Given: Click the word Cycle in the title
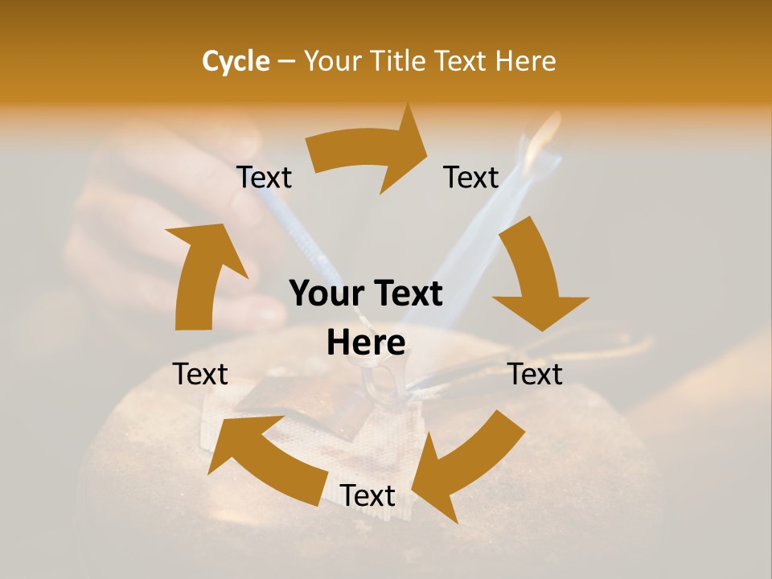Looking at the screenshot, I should click(236, 61).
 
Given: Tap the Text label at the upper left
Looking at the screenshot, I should click(264, 177).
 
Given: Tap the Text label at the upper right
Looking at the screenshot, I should click(471, 177).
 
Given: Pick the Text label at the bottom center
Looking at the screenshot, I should click(368, 495).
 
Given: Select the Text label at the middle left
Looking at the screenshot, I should click(201, 374).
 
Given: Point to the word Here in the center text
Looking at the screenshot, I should click(366, 343).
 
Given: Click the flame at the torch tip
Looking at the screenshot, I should click(547, 133).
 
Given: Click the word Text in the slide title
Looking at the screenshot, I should click(462, 61).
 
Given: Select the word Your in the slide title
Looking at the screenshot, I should click(333, 61).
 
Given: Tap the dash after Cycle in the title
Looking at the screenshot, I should click(286, 61).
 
